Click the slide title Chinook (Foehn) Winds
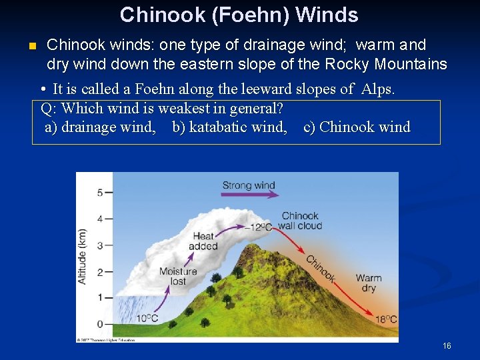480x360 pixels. tap(239, 15)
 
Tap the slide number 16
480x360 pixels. tap(447, 346)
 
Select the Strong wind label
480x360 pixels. tap(248, 185)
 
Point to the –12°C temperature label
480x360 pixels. tap(258, 227)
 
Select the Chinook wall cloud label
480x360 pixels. tap(300, 221)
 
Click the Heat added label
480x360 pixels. tap(203, 241)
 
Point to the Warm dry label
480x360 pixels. tap(369, 283)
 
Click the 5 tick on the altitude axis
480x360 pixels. tap(100, 193)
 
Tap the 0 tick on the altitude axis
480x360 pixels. tap(100, 324)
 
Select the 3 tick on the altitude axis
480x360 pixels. tap(100, 245)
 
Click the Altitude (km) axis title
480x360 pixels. tap(83, 257)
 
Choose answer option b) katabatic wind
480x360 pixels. tap(229, 127)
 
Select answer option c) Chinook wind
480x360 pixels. tap(357, 127)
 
